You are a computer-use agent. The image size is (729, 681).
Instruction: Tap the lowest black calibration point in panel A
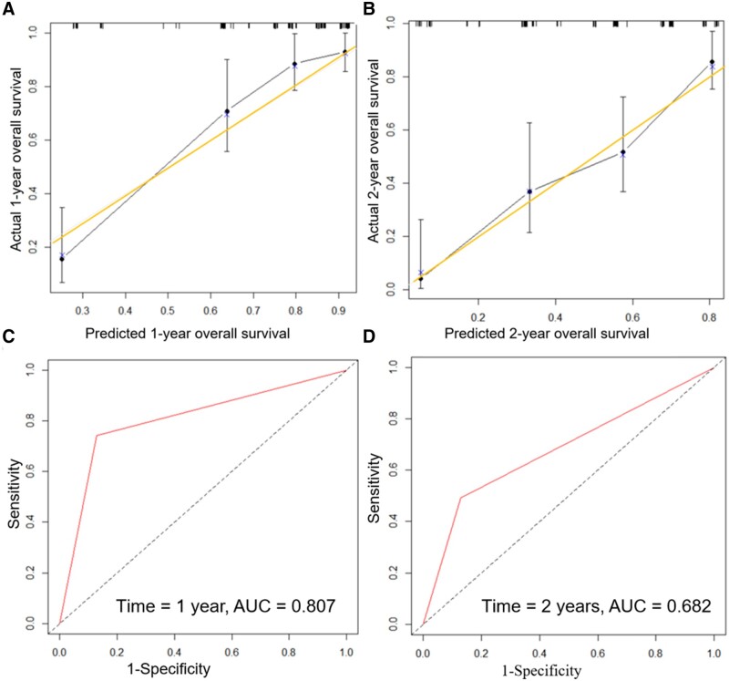(x=62, y=259)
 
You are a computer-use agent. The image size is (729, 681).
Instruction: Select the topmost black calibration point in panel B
(x=712, y=62)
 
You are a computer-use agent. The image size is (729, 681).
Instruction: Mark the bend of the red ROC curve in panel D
(x=460, y=498)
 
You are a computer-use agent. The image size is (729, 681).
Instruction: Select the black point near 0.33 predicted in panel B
(x=529, y=191)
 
